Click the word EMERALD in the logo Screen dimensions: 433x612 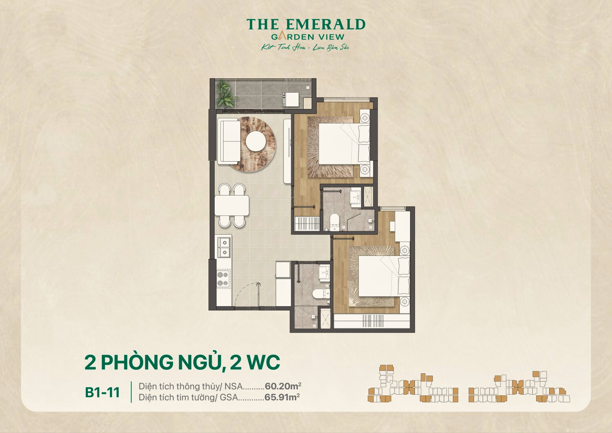(325, 25)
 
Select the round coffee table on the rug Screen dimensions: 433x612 (256, 141)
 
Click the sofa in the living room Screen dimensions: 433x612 (228, 141)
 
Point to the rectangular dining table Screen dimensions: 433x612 (232, 205)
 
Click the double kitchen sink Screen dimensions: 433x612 (224, 247)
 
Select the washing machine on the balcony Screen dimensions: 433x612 (292, 100)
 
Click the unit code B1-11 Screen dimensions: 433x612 (102, 392)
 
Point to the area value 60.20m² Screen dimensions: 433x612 (283, 386)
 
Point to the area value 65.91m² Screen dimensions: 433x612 (282, 397)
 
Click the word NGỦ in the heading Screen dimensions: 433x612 (200, 362)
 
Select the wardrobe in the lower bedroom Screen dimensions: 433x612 (371, 321)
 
